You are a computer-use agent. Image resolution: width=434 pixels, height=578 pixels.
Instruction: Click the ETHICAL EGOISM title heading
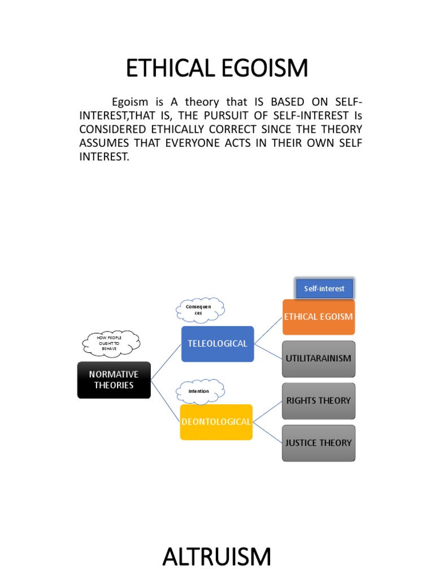click(217, 69)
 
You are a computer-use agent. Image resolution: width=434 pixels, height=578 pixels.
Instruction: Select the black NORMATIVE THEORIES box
click(114, 380)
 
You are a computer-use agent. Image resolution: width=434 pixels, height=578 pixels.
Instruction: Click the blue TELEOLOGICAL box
click(218, 343)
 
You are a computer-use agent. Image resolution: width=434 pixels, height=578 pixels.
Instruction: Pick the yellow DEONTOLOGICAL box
click(216, 422)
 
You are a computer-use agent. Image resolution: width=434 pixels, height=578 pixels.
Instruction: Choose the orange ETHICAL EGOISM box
click(319, 317)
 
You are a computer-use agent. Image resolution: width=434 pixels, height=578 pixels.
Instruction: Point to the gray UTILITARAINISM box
click(319, 358)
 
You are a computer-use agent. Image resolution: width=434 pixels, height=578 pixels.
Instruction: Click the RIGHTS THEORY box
click(319, 401)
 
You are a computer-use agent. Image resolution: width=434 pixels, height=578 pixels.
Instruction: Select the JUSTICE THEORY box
click(319, 443)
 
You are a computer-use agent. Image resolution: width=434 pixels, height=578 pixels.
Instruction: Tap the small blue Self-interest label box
click(324, 289)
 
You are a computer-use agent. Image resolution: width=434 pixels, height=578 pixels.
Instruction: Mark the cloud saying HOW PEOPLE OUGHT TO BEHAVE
click(111, 341)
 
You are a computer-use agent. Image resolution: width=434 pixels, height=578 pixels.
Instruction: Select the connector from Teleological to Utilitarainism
click(268, 351)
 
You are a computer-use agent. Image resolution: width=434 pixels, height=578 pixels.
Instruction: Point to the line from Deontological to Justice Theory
click(267, 432)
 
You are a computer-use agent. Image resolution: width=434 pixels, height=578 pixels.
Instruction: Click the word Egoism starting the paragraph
click(130, 102)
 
